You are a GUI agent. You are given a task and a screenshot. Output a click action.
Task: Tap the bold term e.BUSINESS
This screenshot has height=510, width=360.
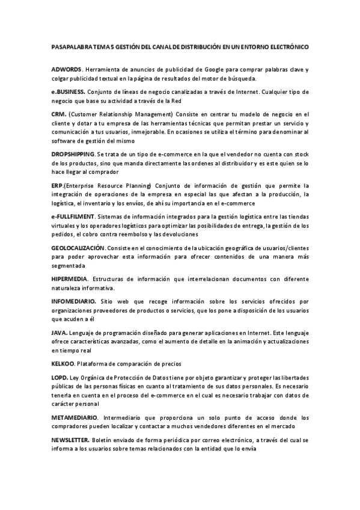68,91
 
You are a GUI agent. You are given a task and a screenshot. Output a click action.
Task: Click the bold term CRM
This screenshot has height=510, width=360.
58,113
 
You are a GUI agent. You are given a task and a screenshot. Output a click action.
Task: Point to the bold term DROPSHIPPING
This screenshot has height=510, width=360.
73,155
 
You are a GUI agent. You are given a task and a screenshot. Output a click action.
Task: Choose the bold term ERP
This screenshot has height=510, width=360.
57,185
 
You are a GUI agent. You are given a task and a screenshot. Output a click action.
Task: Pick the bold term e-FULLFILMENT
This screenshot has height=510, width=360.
73,216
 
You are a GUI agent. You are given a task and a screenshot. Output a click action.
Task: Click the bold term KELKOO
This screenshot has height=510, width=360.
63,363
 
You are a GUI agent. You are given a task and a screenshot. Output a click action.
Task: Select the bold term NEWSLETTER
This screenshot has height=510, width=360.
71,440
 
